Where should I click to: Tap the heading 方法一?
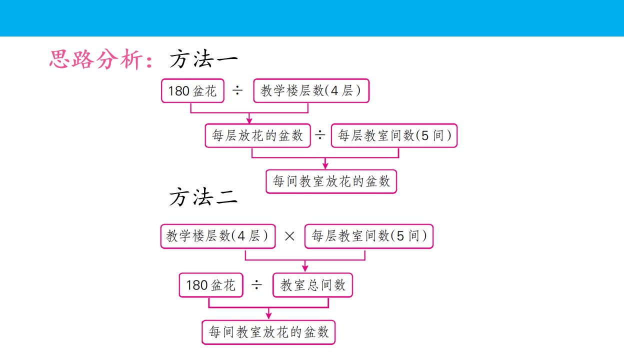[x=203, y=59]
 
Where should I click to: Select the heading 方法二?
[x=203, y=196]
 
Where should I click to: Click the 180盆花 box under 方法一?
[x=192, y=91]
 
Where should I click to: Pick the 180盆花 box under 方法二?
[x=211, y=285]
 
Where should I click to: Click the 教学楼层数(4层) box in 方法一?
[x=311, y=91]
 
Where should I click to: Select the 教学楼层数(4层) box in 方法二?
[x=218, y=236]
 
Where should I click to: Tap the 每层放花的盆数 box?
[x=257, y=135]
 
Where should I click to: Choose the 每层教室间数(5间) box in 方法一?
[x=394, y=135]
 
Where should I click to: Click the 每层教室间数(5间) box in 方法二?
[x=369, y=236]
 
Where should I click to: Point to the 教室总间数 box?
[x=312, y=285]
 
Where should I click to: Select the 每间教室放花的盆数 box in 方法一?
[x=331, y=181]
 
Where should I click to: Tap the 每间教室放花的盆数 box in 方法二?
[x=268, y=332]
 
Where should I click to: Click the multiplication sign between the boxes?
[x=289, y=236]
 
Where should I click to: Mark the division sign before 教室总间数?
[x=256, y=285]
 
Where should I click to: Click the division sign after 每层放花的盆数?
[x=320, y=135]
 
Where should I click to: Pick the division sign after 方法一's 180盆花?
[x=237, y=90]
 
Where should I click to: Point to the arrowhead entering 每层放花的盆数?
[x=249, y=120]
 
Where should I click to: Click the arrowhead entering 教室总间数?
[x=305, y=268]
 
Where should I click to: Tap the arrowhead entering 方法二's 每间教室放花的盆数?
[x=268, y=316]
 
